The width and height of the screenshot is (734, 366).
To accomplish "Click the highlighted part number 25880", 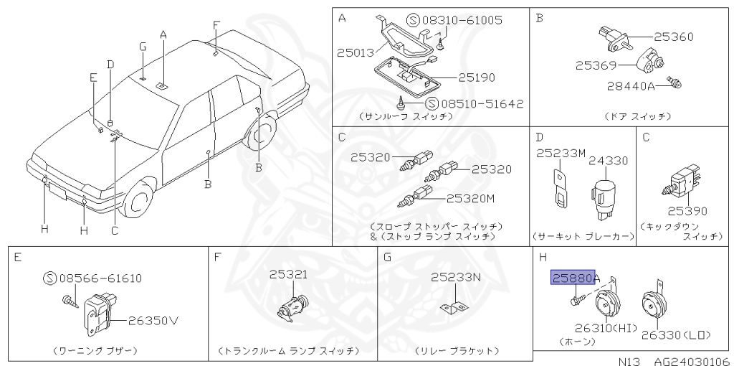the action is click(573, 278).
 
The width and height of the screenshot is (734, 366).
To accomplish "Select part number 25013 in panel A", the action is click(356, 52).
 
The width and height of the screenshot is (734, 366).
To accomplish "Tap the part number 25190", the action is click(477, 78).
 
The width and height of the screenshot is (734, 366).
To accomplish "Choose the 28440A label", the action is click(631, 86).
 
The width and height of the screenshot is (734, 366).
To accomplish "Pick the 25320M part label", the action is click(470, 199).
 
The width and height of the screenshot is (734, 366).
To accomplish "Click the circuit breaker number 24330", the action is click(608, 161).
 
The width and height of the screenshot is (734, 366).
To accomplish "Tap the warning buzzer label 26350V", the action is click(153, 321).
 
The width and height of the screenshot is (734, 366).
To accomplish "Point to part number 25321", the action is click(288, 274).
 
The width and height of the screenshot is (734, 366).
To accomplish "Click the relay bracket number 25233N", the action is click(456, 278).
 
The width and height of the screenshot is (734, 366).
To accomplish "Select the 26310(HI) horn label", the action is click(606, 328).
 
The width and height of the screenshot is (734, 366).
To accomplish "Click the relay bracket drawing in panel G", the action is click(454, 309).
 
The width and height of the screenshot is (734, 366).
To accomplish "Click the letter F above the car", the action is click(216, 25).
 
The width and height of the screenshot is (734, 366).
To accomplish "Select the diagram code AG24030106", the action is click(691, 361).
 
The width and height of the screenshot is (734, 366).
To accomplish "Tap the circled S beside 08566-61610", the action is click(49, 278).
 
